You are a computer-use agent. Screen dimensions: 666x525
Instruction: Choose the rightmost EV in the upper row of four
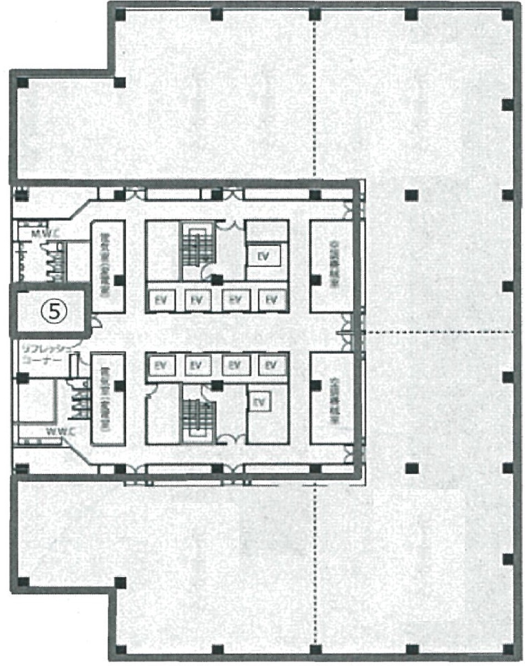pos(270,299)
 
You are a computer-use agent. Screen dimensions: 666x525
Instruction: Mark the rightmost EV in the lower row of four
pos(270,365)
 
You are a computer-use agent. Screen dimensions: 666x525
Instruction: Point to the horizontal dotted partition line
pos(439,332)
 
